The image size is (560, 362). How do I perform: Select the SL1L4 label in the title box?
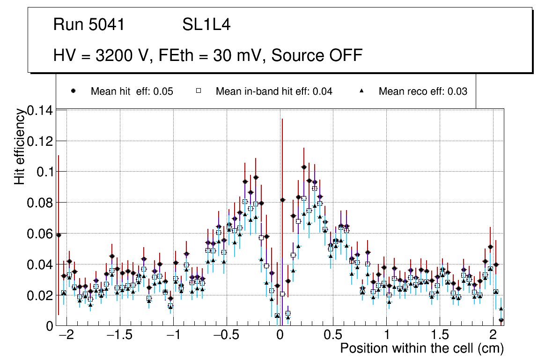pyautogui.click(x=206, y=25)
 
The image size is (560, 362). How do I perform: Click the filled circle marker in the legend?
pyautogui.click(x=73, y=91)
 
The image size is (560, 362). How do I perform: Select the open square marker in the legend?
pyautogui.click(x=198, y=91)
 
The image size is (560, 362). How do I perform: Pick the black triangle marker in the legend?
pyautogui.click(x=361, y=91)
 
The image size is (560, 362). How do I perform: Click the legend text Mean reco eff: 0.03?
pyautogui.click(x=422, y=91)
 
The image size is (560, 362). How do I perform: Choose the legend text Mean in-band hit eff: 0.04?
pyautogui.click(x=273, y=91)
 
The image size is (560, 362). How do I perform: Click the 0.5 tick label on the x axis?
pyautogui.click(x=333, y=336)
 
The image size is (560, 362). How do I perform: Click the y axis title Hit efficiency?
pyautogui.click(x=20, y=146)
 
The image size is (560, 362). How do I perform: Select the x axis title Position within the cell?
pyautogui.click(x=421, y=349)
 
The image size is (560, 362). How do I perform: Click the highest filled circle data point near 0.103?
pyautogui.click(x=304, y=167)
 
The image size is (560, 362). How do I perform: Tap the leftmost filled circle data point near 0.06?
pyautogui.click(x=59, y=235)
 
